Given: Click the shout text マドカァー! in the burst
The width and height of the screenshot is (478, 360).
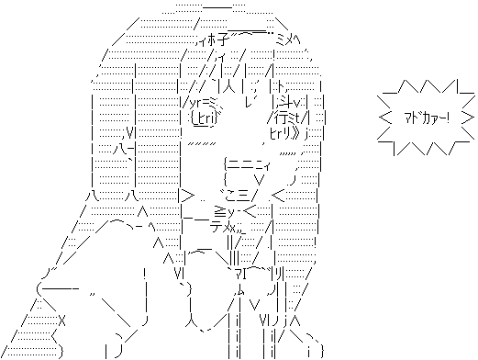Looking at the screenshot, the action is coord(427,118).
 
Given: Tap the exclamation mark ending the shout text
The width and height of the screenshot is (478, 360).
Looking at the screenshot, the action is coord(448,118).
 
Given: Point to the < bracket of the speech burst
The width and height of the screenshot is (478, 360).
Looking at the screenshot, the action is coord(385,118).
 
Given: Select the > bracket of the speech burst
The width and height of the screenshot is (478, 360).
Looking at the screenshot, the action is coord(468,118).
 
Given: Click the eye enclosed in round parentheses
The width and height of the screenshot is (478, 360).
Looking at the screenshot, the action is coord(204,118).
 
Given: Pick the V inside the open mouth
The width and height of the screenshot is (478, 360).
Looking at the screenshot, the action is coord(260,180).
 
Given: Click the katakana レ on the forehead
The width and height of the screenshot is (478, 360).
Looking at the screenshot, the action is coord(249,103).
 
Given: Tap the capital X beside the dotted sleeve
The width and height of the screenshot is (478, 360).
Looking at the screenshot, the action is coord(61,321).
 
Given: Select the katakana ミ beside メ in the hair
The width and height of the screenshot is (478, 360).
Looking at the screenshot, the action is coord(281,39).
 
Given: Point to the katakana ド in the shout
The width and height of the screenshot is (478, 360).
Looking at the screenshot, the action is coord(416,118).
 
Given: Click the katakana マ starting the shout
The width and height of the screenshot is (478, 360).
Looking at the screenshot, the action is coord(408,118).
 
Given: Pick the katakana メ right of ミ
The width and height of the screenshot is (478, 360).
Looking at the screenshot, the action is coord(290,39).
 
